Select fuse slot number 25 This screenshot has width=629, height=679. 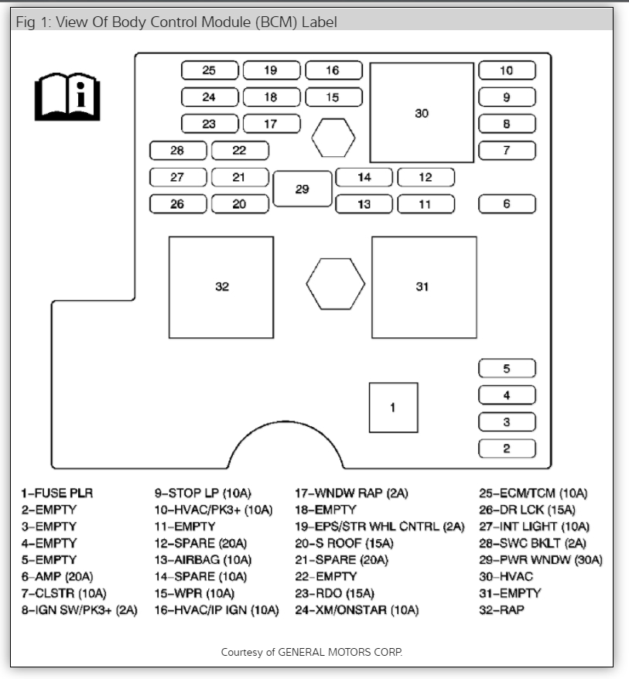click(x=209, y=70)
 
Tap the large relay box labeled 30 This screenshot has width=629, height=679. click(x=422, y=113)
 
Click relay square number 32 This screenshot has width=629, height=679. click(x=221, y=287)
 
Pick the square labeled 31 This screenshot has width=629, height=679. click(x=423, y=287)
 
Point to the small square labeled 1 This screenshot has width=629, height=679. click(x=393, y=408)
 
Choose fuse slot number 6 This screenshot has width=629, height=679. click(x=507, y=204)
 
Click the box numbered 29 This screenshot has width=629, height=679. click(x=303, y=189)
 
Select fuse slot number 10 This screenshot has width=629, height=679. click(x=507, y=70)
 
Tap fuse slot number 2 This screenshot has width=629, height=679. click(x=507, y=449)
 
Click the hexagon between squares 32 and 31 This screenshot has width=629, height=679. click(x=334, y=284)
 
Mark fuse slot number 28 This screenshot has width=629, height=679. click(x=177, y=151)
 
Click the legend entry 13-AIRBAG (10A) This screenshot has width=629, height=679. click(x=203, y=559)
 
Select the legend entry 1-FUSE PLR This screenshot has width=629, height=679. click(x=56, y=493)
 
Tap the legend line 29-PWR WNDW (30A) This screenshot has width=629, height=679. click(x=540, y=559)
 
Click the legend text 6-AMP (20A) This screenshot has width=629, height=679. click(x=58, y=576)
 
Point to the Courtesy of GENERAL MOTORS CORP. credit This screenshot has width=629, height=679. click(x=312, y=652)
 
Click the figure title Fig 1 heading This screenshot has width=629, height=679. click(x=176, y=22)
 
